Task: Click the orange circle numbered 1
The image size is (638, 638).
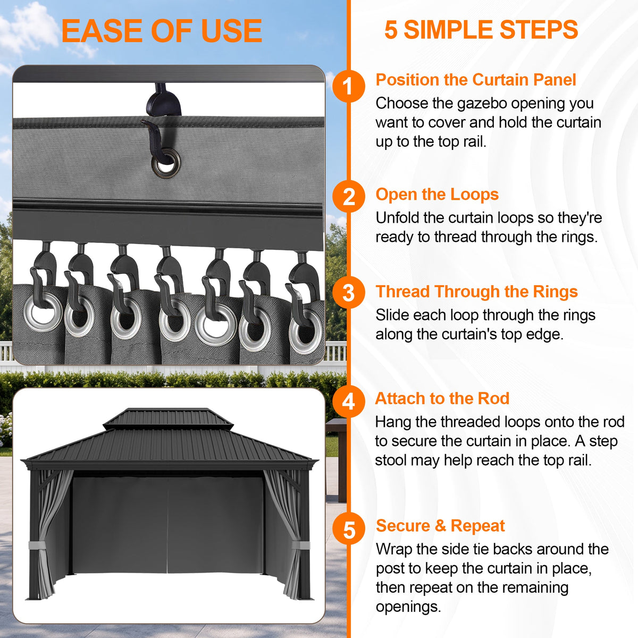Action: [x=349, y=87]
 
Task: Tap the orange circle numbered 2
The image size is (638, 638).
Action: [x=349, y=197]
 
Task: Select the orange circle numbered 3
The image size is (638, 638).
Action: [x=349, y=292]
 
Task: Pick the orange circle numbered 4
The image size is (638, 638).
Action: [x=349, y=401]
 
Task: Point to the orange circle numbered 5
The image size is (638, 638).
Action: [x=349, y=528]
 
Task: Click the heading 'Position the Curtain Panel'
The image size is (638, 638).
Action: [x=476, y=80]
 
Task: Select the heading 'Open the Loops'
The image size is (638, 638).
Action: [x=437, y=195]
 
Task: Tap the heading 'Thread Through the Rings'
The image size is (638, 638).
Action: [x=476, y=292]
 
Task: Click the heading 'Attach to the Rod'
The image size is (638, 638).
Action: [x=442, y=398]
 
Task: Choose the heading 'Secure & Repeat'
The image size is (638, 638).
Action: [x=440, y=526]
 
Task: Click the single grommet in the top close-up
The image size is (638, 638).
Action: [x=166, y=163]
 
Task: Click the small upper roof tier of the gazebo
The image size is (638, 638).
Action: [x=168, y=419]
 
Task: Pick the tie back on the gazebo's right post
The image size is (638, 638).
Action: [x=300, y=545]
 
